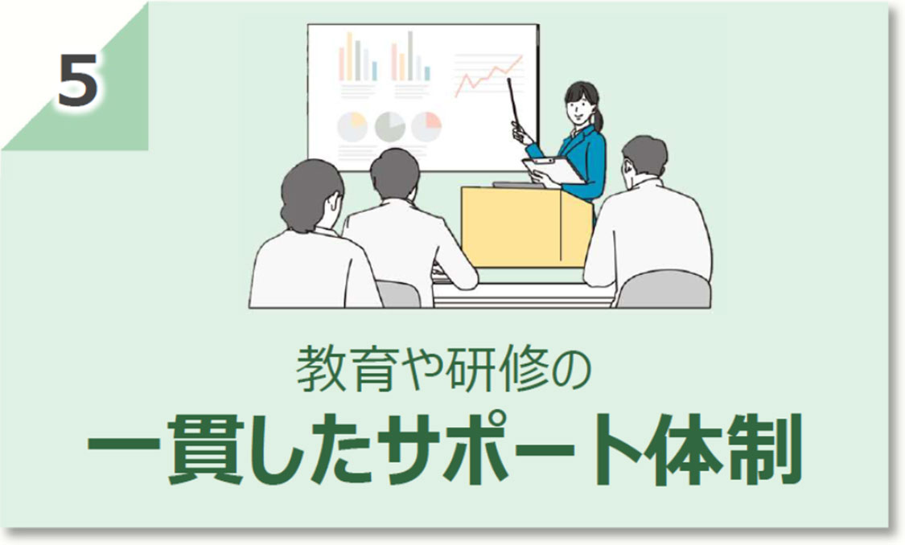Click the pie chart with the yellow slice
pyautogui.click(x=352, y=126)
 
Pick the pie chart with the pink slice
pyautogui.click(x=426, y=126)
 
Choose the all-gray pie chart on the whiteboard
pyautogui.click(x=389, y=126)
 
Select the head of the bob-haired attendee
pyautogui.click(x=312, y=194)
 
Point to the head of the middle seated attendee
pyautogui.click(x=394, y=174)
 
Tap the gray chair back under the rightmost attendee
pyautogui.click(x=664, y=290)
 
